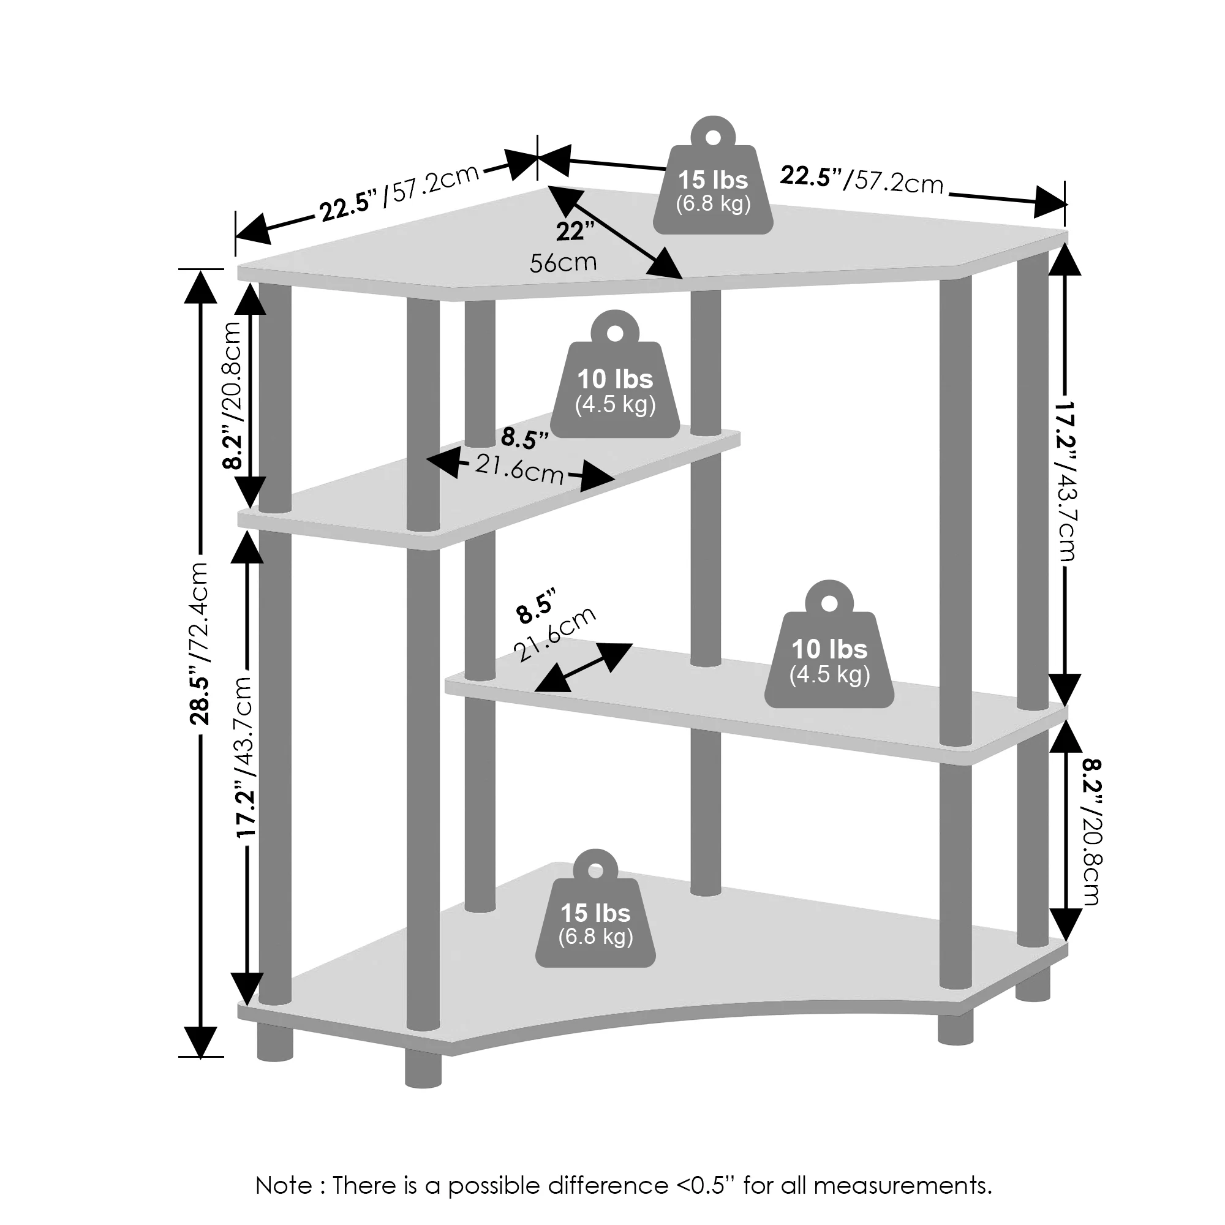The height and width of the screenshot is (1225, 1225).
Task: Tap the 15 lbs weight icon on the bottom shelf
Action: click(x=595, y=921)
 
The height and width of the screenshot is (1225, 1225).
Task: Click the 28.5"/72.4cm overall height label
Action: click(x=199, y=643)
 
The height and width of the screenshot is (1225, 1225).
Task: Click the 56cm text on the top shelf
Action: click(x=563, y=262)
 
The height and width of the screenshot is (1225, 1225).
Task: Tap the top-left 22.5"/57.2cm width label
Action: click(x=399, y=193)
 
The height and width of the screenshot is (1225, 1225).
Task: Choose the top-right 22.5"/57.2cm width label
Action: click(x=861, y=179)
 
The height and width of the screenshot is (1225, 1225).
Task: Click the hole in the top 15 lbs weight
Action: click(x=714, y=137)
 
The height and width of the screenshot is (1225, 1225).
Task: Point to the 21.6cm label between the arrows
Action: click(x=519, y=470)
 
